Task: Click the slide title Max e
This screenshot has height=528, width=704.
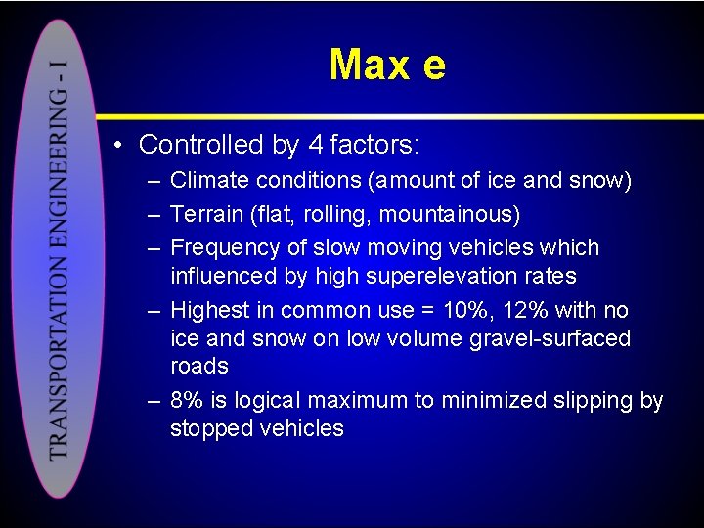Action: coord(387,66)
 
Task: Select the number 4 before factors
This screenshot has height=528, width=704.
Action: coord(315,145)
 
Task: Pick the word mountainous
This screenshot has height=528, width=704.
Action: coord(449,213)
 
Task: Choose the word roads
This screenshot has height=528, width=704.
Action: coord(198,366)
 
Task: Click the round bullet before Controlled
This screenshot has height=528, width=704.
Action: coord(116,146)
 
